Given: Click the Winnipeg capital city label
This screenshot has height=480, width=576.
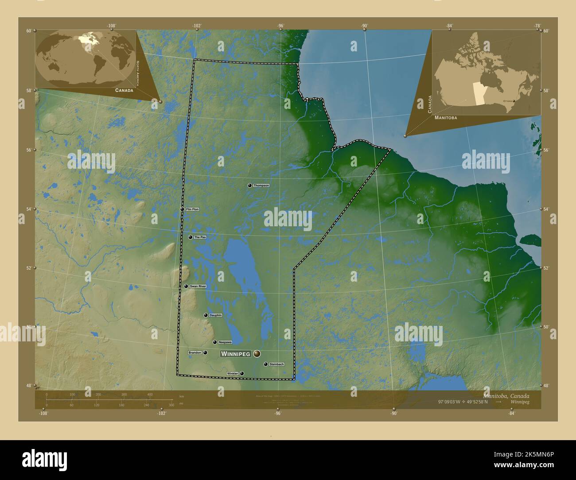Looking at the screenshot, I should (235, 354).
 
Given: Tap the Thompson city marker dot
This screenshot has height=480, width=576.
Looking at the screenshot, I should (250, 186).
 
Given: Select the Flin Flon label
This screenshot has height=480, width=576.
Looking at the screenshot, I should (192, 209).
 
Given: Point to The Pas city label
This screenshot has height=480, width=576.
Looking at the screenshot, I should (200, 237).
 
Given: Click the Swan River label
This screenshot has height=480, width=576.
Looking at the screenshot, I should (198, 286).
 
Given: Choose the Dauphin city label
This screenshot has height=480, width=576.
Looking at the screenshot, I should (215, 315).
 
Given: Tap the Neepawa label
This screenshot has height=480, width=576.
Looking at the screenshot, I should (225, 342).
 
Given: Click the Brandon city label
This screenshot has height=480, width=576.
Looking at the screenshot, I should (195, 352).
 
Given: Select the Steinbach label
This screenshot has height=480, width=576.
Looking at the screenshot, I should (276, 364).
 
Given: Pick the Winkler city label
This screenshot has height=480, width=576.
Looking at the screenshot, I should (233, 374).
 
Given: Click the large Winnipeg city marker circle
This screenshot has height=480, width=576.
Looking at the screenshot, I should (257, 354).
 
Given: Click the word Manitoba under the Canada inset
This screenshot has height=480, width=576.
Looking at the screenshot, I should (446, 118).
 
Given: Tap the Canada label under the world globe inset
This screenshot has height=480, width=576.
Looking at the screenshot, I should (124, 90).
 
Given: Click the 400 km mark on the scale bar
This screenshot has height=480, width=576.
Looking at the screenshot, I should (150, 394).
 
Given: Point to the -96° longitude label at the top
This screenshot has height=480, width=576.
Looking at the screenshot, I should (280, 26).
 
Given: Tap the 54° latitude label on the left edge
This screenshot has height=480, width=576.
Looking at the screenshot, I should (29, 209).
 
